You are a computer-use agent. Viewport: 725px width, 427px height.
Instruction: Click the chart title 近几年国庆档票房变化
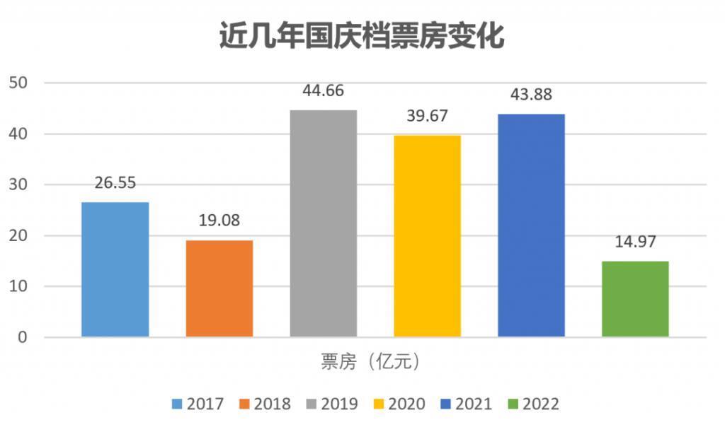(x=362, y=36)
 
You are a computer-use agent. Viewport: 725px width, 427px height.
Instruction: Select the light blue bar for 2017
(x=115, y=269)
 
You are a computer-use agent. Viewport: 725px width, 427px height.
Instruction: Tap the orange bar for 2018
(x=219, y=288)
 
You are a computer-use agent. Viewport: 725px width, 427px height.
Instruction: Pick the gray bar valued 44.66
(x=324, y=223)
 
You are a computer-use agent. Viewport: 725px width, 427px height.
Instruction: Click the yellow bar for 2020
(x=427, y=236)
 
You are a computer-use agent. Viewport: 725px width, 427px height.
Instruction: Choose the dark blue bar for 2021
(x=531, y=226)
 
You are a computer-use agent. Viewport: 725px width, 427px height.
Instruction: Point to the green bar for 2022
(x=635, y=299)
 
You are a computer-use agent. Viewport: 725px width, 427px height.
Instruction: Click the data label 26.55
(x=115, y=182)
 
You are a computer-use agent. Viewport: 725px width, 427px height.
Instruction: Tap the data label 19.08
(x=219, y=221)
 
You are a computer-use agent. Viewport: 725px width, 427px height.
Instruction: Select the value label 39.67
(x=427, y=116)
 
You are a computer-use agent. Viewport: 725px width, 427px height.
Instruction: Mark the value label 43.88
(x=531, y=94)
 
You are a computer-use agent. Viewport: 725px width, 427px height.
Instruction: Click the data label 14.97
(x=635, y=242)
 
